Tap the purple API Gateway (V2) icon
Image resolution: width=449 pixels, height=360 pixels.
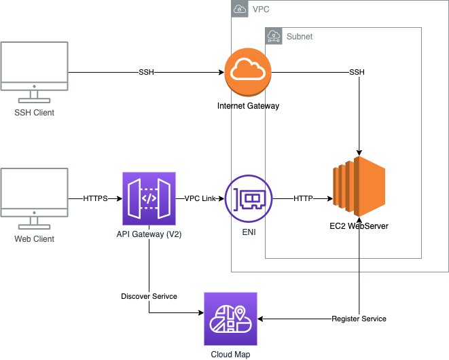pos(149,198)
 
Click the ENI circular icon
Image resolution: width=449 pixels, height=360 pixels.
pos(248,198)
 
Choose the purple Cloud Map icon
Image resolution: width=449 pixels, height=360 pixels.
pos(231,319)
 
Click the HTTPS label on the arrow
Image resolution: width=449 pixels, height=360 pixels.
pos(95,198)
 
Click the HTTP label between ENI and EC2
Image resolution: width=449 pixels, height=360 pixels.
pos(303,198)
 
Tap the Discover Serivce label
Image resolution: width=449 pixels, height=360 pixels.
pos(149,297)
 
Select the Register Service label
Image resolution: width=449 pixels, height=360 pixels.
pos(359,319)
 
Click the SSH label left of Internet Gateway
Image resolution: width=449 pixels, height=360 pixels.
pos(146,72)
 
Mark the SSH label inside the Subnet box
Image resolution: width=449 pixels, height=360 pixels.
pos(357,72)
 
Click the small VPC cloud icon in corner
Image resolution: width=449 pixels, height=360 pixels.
pos(240,9)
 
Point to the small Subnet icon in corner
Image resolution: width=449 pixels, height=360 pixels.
pos(274,35)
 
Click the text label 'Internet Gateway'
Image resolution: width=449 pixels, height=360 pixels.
pos(248,106)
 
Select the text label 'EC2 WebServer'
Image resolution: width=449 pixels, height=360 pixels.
pos(358,226)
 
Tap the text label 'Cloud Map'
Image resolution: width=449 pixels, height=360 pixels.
pos(231,353)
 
